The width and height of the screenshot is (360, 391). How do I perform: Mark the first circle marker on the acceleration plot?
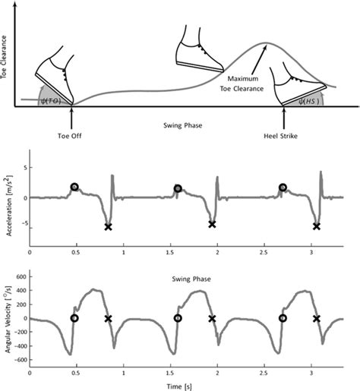[74, 187]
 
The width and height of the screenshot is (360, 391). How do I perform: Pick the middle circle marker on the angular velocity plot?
[178, 319]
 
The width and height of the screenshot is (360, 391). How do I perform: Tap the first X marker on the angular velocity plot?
[108, 319]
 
